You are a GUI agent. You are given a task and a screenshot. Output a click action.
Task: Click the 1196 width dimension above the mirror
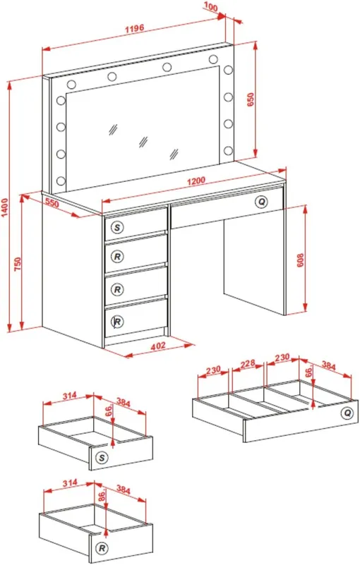pos(135,28)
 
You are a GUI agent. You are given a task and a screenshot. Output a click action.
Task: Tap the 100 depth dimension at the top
pos(211,6)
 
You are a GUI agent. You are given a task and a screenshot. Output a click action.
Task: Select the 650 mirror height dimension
pos(251,99)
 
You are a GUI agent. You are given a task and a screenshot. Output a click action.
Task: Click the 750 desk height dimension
pos(18,264)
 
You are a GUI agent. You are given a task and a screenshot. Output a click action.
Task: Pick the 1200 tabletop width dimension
pos(196,181)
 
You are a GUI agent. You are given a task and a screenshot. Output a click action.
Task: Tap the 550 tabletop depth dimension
pos(52,204)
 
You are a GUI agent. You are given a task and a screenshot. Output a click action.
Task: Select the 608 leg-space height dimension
pos(300,260)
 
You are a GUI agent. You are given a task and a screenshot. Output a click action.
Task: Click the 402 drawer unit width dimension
pos(158,346)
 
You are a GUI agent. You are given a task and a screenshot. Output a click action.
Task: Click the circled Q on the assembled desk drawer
pos(261,201)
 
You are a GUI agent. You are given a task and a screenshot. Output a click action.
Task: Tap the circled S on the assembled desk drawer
pos(117,227)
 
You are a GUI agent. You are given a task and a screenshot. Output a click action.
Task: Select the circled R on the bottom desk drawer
pos(117,321)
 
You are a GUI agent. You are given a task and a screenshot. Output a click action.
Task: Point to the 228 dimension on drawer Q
pos(248,364)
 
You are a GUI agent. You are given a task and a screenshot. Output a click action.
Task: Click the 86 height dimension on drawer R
pos(102,495)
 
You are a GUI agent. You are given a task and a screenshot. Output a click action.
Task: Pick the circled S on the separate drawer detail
pos(102,458)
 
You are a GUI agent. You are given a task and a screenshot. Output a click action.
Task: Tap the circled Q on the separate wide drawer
pos(347,413)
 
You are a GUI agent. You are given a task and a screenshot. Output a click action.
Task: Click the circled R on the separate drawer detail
pos(102,549)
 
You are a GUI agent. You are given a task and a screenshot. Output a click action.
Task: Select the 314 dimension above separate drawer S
pos(70,396)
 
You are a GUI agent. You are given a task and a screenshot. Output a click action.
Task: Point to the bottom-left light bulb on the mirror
pos(61,180)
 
